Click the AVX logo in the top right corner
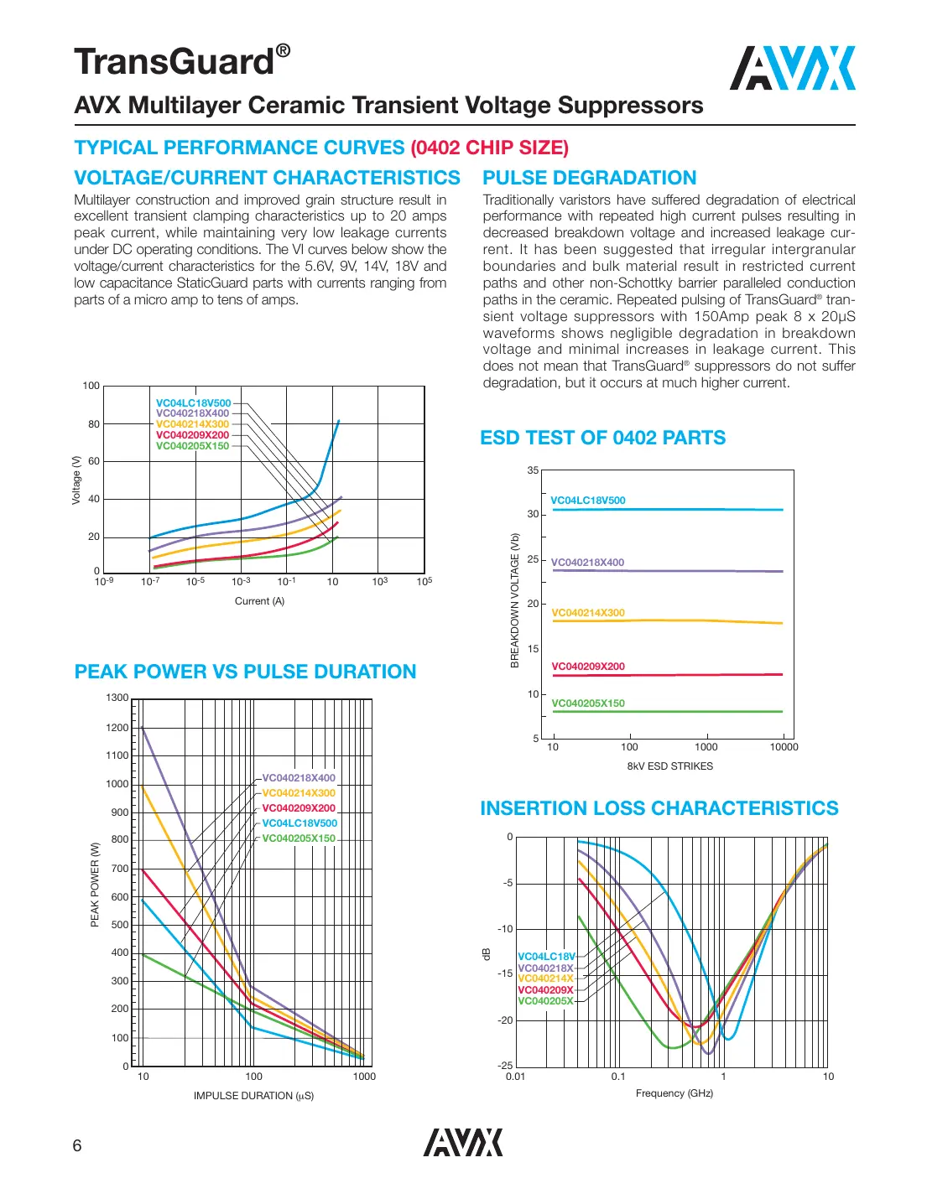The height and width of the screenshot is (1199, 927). pyautogui.click(x=792, y=68)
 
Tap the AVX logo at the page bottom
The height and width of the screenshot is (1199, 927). pyautogui.click(x=463, y=1142)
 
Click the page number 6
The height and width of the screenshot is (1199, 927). pyautogui.click(x=77, y=1146)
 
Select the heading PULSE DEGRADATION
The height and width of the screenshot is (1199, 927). pyautogui.click(x=589, y=178)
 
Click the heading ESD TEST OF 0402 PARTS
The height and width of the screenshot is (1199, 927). pyautogui.click(x=602, y=438)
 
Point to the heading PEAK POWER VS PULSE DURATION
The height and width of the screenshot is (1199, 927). pyautogui.click(x=245, y=672)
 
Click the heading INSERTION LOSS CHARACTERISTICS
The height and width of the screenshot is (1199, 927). pyautogui.click(x=659, y=808)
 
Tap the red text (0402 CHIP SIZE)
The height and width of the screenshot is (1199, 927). pyautogui.click(x=489, y=148)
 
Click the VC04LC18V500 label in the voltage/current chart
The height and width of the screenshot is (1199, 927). pyautogui.click(x=193, y=403)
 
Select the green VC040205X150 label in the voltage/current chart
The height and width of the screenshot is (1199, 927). pyautogui.click(x=192, y=446)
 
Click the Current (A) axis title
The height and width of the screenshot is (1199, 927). pyautogui.click(x=259, y=601)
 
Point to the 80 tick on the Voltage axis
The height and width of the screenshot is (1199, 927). pyautogui.click(x=94, y=424)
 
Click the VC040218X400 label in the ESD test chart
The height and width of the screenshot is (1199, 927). pyautogui.click(x=587, y=563)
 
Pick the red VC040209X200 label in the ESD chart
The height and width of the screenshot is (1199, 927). pyautogui.click(x=587, y=667)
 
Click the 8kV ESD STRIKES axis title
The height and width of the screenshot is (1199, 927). pyautogui.click(x=669, y=766)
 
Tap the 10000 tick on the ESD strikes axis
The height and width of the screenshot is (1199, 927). pyautogui.click(x=784, y=747)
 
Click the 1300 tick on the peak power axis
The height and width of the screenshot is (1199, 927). pyautogui.click(x=117, y=698)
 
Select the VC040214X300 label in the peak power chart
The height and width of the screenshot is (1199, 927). pyautogui.click(x=298, y=793)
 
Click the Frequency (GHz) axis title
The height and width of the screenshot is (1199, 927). pyautogui.click(x=674, y=1093)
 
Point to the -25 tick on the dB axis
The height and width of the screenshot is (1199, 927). pyautogui.click(x=505, y=1066)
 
